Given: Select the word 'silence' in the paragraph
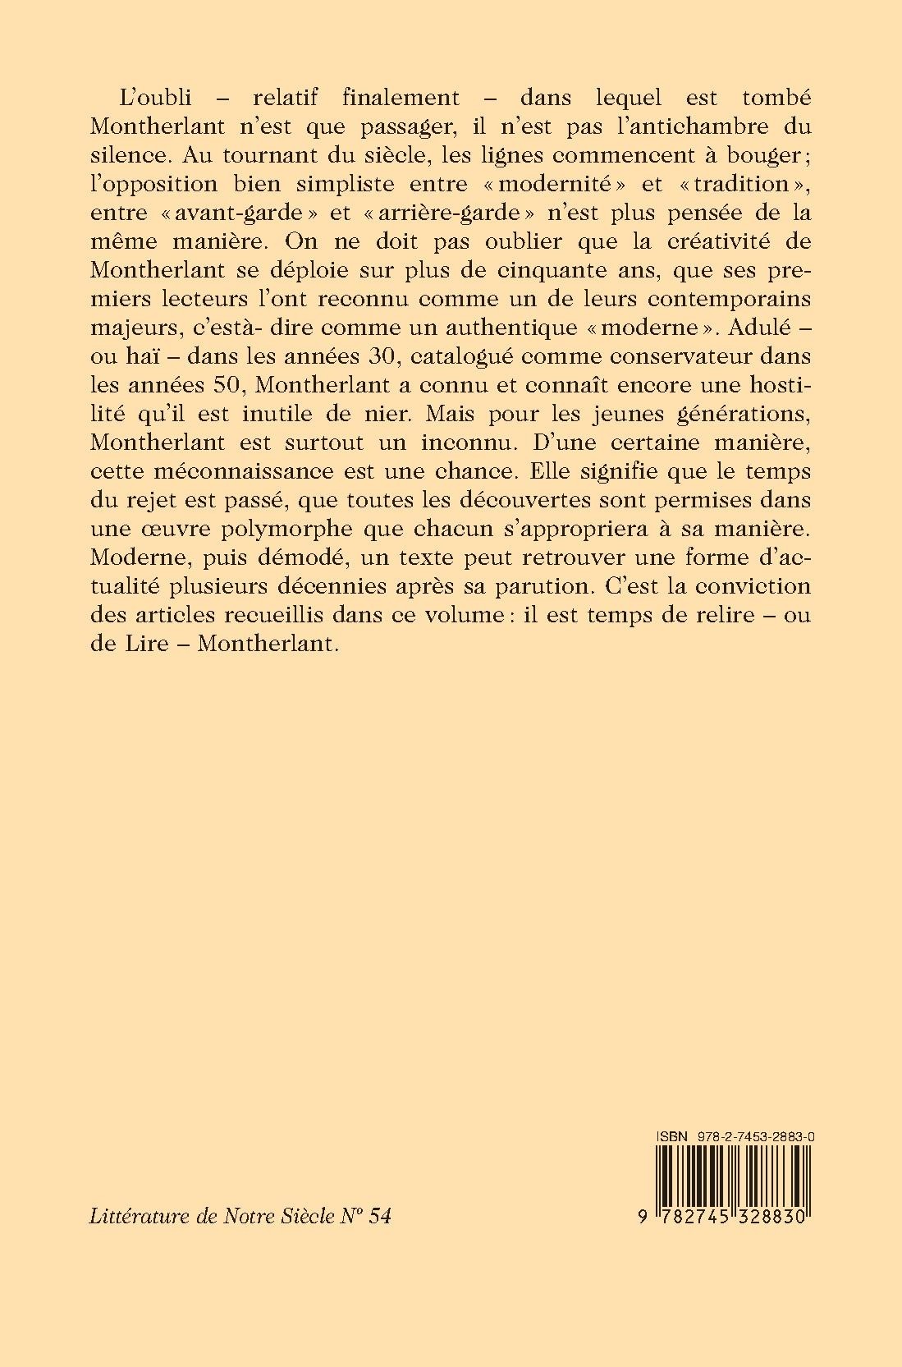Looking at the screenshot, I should click(120, 155).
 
